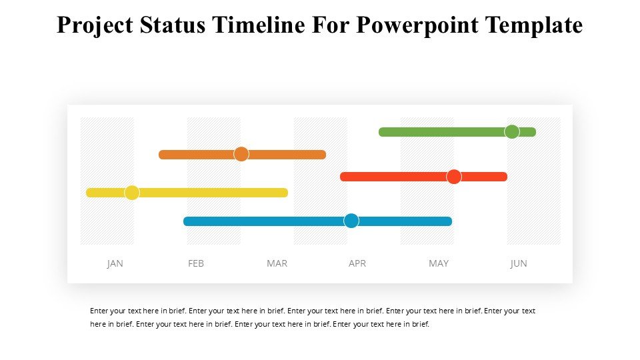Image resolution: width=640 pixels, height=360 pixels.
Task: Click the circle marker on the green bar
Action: coord(512,131)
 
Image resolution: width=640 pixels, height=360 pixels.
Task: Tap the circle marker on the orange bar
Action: coord(241,154)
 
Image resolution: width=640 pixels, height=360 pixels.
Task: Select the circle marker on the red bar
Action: coord(454,177)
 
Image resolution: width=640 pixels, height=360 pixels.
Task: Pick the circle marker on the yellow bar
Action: coord(132,193)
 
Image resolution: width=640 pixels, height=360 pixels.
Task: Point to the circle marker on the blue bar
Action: coord(351,221)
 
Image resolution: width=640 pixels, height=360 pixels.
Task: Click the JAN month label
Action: coord(115,263)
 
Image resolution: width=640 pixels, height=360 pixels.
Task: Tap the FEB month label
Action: coord(196,263)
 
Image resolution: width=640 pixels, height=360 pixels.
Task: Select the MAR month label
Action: coord(277,263)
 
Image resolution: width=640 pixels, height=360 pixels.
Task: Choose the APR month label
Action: coord(357,263)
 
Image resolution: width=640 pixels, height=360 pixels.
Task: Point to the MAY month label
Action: coord(439,263)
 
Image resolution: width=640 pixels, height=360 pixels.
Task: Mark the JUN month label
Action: coord(519,263)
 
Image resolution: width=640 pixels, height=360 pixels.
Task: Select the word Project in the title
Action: coord(94,25)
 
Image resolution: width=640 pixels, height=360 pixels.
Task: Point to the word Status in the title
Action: coord(171,25)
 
